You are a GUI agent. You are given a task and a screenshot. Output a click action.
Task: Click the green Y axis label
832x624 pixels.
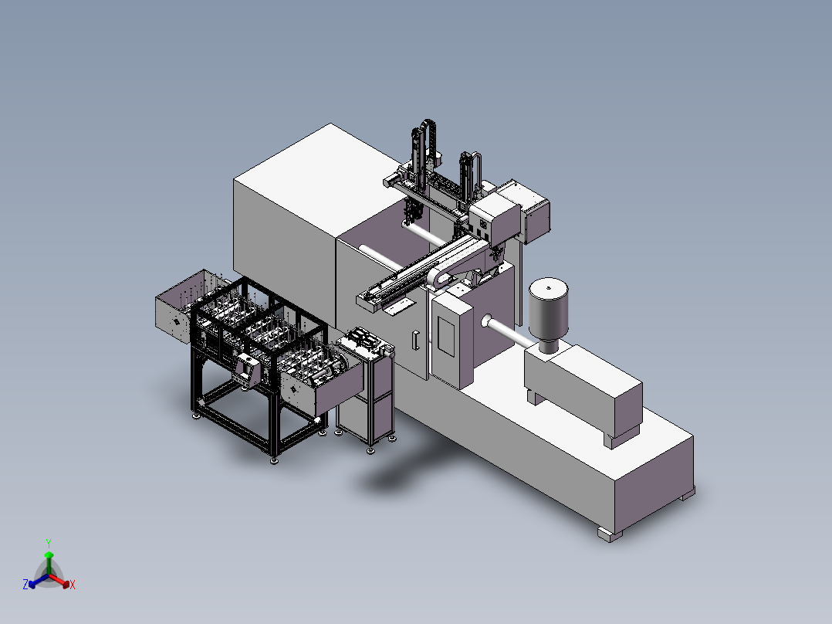(49, 543)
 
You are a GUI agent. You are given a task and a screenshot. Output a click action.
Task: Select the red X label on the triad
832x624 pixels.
(73, 585)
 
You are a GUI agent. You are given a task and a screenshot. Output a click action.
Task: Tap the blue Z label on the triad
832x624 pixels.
(25, 584)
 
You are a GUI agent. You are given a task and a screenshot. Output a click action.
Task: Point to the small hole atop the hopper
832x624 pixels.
(548, 287)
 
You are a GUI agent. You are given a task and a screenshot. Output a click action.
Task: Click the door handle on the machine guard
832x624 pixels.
(416, 341)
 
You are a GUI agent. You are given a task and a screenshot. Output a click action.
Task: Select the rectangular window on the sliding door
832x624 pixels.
(446, 336)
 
